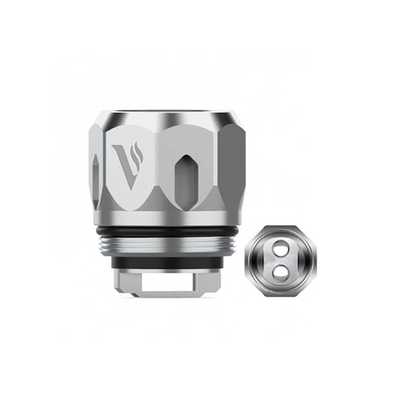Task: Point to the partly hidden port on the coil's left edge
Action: pyautogui.click(x=96, y=176)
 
